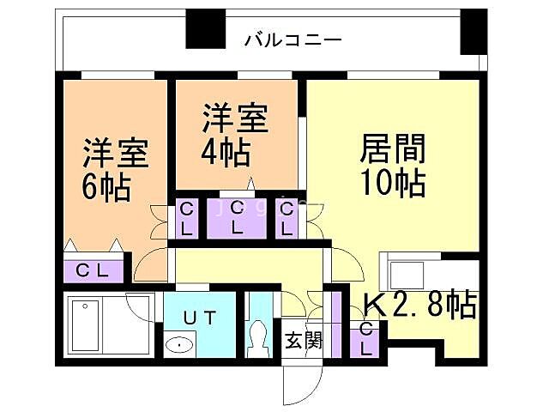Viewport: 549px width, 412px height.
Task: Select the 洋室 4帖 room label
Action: [x=235, y=135]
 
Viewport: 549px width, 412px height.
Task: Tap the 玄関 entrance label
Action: [x=303, y=341]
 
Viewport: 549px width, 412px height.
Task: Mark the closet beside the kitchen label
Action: [x=366, y=340]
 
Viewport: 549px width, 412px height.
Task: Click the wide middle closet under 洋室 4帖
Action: [x=238, y=218]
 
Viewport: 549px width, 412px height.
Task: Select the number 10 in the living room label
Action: [x=376, y=183]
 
